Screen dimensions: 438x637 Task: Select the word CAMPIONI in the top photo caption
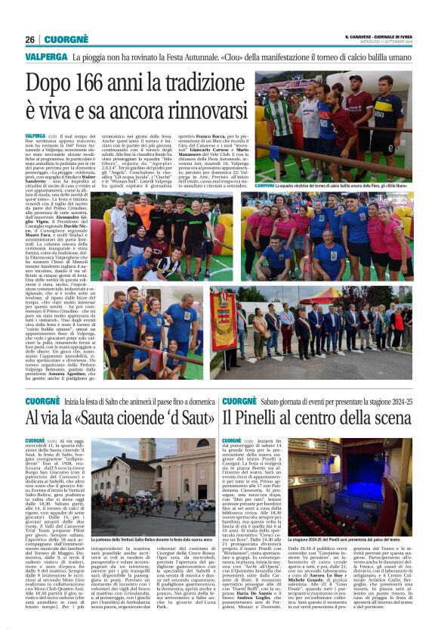click(x=270, y=185)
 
